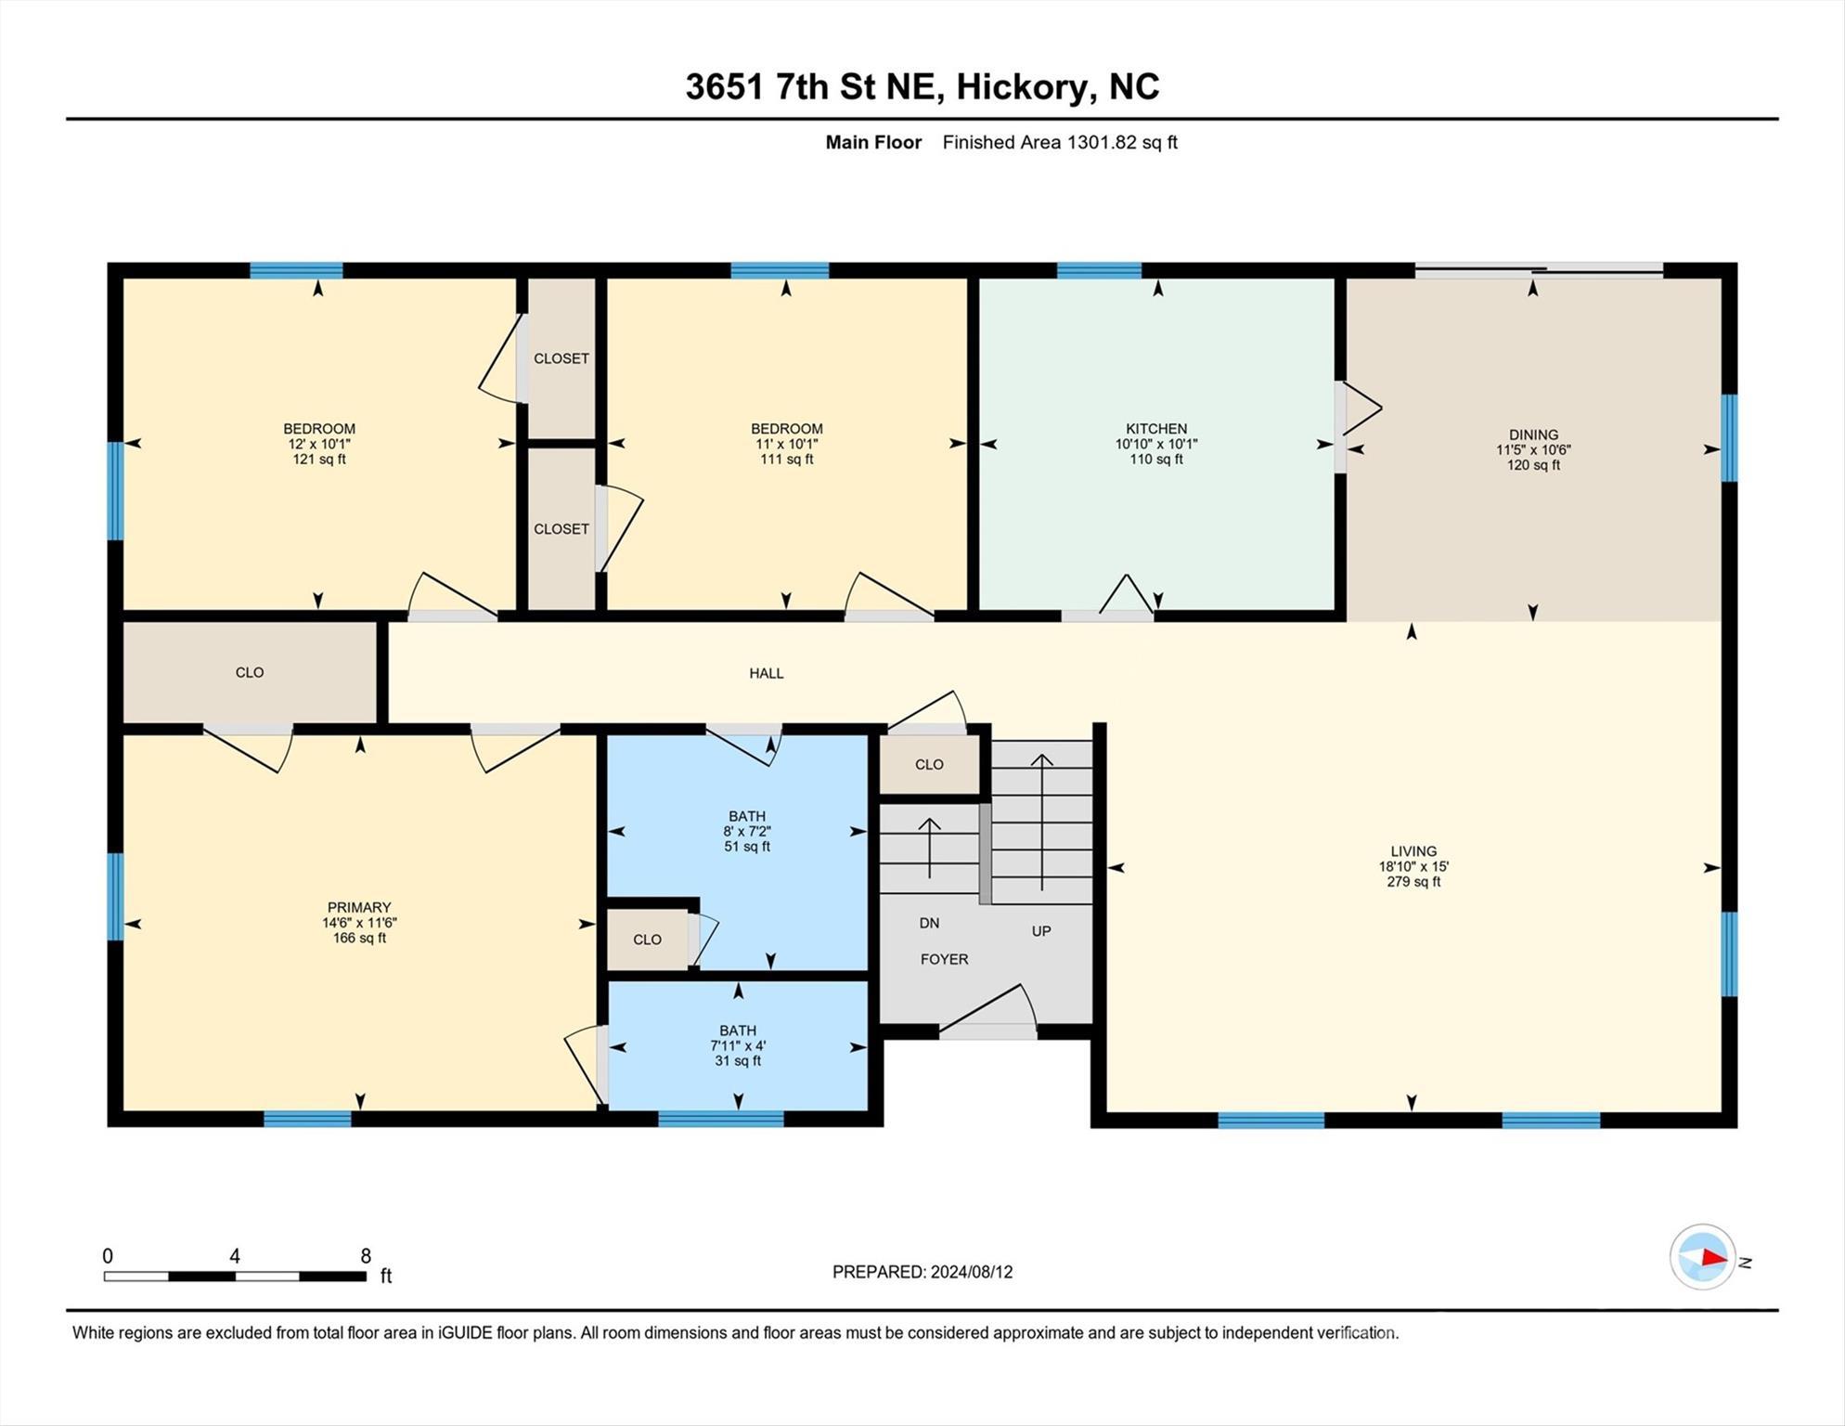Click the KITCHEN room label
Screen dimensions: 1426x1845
1155,429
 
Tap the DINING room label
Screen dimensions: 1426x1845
1532,434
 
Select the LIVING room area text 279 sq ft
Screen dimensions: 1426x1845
1413,882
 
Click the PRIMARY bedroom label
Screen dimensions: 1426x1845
359,908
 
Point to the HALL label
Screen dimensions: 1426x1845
767,673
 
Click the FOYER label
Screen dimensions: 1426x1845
944,959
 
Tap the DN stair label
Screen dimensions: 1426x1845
929,923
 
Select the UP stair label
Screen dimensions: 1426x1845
1040,931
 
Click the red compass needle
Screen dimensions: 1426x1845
1712,1259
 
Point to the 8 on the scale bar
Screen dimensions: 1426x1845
366,1256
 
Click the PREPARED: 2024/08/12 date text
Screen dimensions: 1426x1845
922,1272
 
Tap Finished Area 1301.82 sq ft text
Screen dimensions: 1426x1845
1059,142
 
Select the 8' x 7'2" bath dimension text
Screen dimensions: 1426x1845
746,832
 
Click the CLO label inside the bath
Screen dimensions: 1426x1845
647,940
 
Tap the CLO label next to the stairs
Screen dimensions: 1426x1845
929,765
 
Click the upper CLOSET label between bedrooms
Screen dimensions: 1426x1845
561,358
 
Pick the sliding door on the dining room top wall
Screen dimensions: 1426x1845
1538,270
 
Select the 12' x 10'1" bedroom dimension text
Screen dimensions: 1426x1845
318,444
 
